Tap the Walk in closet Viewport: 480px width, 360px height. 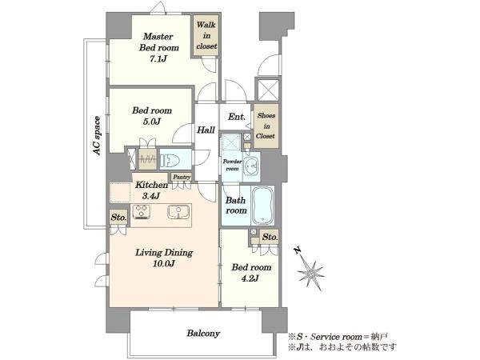point(206,35)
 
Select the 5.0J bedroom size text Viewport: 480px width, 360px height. point(151,122)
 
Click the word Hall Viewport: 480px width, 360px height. point(206,130)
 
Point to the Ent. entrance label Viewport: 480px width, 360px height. point(237,117)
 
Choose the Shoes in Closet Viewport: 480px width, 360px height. point(266,126)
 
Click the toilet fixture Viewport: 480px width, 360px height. point(172,160)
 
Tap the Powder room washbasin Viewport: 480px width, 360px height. point(252,166)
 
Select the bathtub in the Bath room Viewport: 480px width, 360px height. point(262,206)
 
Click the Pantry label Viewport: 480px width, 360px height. point(182,177)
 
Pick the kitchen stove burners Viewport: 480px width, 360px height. point(142,212)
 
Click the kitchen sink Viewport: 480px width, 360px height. point(178,212)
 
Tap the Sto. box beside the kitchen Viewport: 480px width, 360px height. point(118,218)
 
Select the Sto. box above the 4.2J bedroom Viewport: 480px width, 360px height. point(270,237)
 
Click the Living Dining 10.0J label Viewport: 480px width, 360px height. point(164,258)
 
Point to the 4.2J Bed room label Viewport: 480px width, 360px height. point(251,273)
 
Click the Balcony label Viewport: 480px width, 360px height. point(203,333)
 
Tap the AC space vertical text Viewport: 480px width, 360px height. point(97,135)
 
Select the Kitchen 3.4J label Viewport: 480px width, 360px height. point(151,190)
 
